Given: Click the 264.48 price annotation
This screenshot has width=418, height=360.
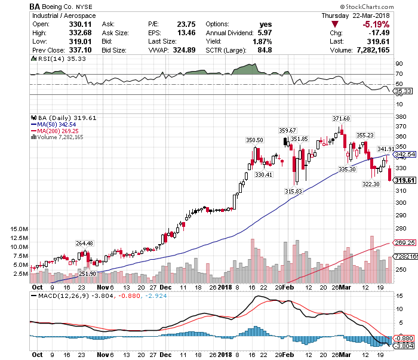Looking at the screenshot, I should tap(85, 243).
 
